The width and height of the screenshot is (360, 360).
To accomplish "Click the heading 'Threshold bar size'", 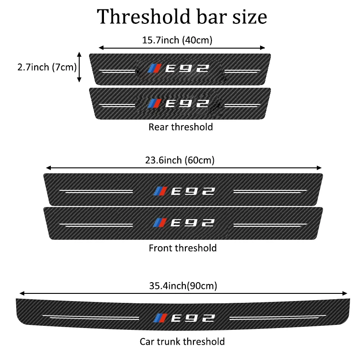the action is click(182, 16).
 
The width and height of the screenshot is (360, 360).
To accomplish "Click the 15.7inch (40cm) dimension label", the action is click(177, 40).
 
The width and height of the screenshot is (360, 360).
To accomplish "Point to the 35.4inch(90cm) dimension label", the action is click(182, 285).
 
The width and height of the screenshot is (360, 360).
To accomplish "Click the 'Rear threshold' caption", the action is click(180, 127).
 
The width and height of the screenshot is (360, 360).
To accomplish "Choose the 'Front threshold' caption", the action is click(182, 248).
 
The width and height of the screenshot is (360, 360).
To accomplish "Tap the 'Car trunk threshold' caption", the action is click(182, 342).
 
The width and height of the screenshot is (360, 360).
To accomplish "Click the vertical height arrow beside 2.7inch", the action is click(80, 67).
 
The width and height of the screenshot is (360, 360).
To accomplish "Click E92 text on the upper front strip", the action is click(193, 191).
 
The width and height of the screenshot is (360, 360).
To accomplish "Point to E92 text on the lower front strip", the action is click(193, 222).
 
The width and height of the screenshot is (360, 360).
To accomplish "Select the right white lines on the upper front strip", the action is click(270, 191).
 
